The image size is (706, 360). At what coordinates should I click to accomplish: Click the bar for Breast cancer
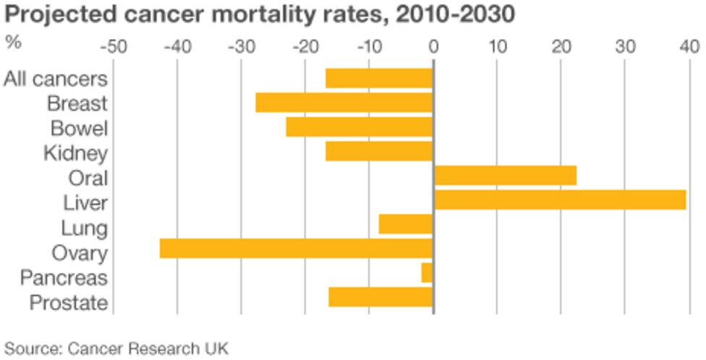pos(344,103)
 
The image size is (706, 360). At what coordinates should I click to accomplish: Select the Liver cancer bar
pos(560,200)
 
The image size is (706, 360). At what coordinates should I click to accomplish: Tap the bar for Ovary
pos(296,249)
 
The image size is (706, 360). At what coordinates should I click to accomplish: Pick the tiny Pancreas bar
pos(427,273)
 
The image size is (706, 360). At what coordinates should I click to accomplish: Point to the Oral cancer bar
pos(505,176)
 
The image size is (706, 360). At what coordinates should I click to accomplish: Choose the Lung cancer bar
pos(406,224)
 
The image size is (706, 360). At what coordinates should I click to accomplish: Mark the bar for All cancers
pos(379,78)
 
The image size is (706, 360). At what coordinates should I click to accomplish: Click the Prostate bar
pos(380,297)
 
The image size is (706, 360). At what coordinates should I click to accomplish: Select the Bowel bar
pos(359,127)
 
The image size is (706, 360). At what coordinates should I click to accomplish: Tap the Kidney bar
pos(379,151)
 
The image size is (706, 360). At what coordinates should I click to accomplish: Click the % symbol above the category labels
pos(12,41)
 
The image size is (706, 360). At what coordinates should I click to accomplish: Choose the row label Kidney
pos(75,153)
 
